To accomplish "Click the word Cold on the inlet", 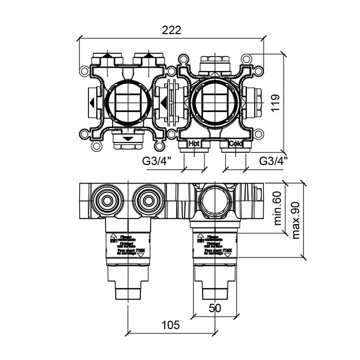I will click(x=236, y=143).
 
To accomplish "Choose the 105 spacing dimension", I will click(x=171, y=325).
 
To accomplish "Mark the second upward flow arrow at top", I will click(x=148, y=56).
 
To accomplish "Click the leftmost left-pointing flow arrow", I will click(x=91, y=102).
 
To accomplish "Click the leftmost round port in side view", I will click(x=106, y=199).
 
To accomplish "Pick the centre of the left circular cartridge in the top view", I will click(x=127, y=102).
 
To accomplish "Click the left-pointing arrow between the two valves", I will click(x=164, y=102).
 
